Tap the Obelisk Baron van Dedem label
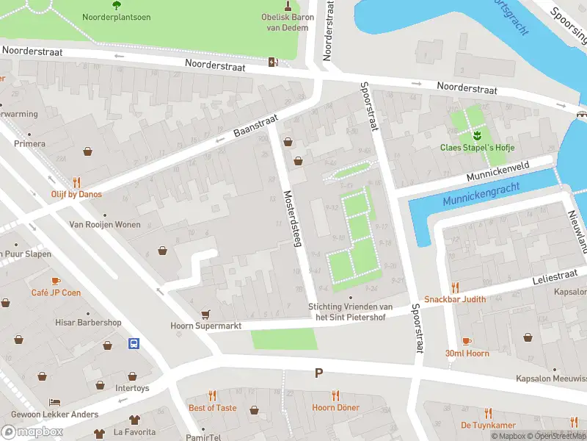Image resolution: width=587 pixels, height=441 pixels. pyautogui.click(x=288, y=22)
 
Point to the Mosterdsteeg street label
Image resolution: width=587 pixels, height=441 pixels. pyautogui.click(x=293, y=219)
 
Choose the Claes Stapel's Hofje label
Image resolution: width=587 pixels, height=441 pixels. pyautogui.click(x=475, y=147)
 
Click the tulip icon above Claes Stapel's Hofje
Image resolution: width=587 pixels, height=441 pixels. pyautogui.click(x=475, y=135)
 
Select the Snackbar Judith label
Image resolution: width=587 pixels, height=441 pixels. pyautogui.click(x=455, y=299)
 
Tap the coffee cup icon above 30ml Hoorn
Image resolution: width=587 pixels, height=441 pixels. pyautogui.click(x=467, y=341)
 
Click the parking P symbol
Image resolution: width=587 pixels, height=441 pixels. pyautogui.click(x=318, y=373)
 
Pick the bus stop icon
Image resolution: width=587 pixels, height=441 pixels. pyautogui.click(x=134, y=343)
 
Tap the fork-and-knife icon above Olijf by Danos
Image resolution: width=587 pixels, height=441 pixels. pyautogui.click(x=76, y=182)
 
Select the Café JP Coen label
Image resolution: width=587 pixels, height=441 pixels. pyautogui.click(x=56, y=293)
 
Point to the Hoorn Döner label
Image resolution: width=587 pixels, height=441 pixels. pyautogui.click(x=335, y=407)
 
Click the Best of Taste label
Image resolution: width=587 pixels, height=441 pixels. pyautogui.click(x=212, y=407)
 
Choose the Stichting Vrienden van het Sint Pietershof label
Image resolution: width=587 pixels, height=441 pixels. pyautogui.click(x=350, y=311)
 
